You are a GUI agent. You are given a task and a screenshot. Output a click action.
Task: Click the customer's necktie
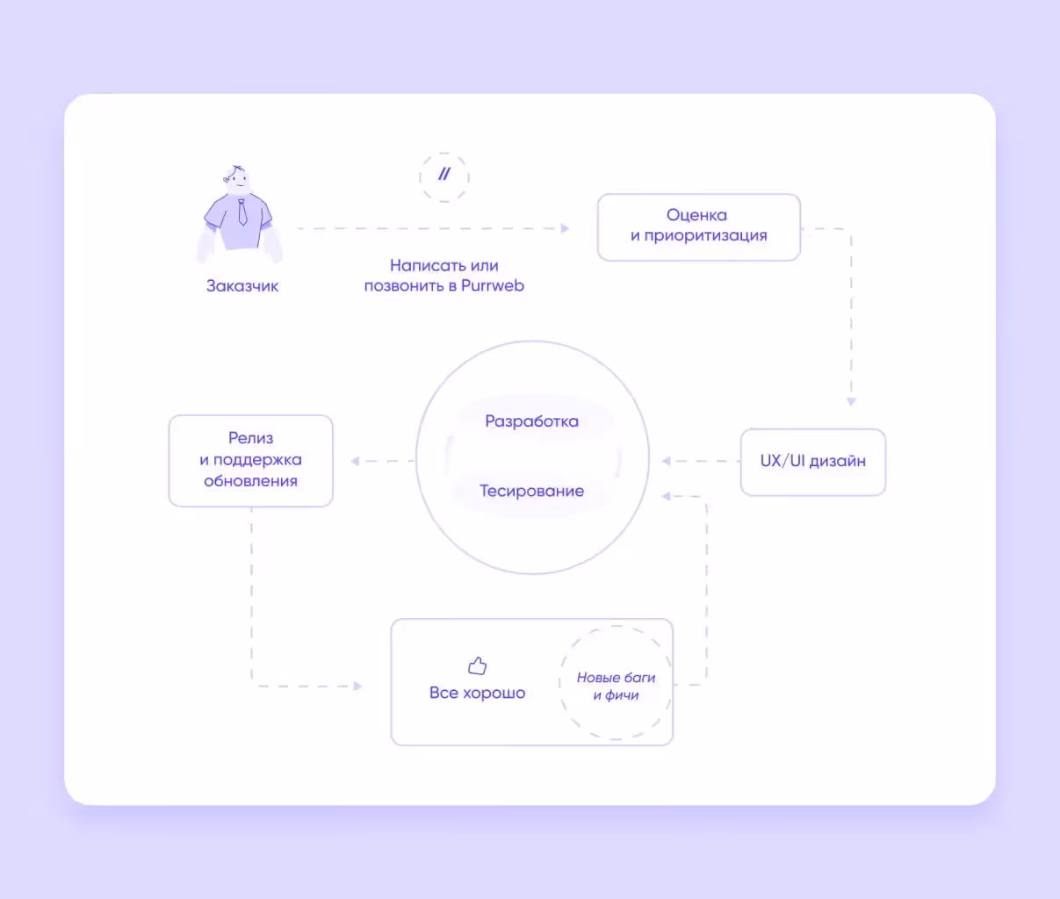(242, 212)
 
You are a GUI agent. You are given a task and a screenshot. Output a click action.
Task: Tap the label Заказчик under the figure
(242, 285)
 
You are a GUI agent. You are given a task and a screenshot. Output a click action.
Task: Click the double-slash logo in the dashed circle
(444, 174)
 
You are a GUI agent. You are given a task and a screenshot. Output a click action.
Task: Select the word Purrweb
(493, 285)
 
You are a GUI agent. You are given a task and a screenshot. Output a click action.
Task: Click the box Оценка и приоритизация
(698, 227)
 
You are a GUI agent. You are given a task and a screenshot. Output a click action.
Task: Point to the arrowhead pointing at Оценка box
(565, 228)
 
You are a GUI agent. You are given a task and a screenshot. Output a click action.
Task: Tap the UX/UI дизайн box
(813, 462)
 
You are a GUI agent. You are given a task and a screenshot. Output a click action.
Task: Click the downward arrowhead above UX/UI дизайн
(851, 401)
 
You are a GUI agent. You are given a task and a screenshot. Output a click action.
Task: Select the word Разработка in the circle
(532, 421)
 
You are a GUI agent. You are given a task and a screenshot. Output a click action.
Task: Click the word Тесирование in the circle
(532, 491)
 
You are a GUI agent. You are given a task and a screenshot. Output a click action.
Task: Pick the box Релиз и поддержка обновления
(251, 461)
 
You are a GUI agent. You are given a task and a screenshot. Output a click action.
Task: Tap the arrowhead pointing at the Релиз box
(355, 461)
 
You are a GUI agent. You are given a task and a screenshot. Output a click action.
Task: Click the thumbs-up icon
(477, 665)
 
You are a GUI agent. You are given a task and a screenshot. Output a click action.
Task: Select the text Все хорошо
(477, 693)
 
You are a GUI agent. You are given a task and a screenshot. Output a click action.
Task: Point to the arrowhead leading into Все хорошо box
(357, 686)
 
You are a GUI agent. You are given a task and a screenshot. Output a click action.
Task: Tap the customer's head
(236, 179)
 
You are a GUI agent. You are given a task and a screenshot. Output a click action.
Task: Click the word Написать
(421, 265)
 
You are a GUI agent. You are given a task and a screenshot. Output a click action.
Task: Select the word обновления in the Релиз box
(251, 481)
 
